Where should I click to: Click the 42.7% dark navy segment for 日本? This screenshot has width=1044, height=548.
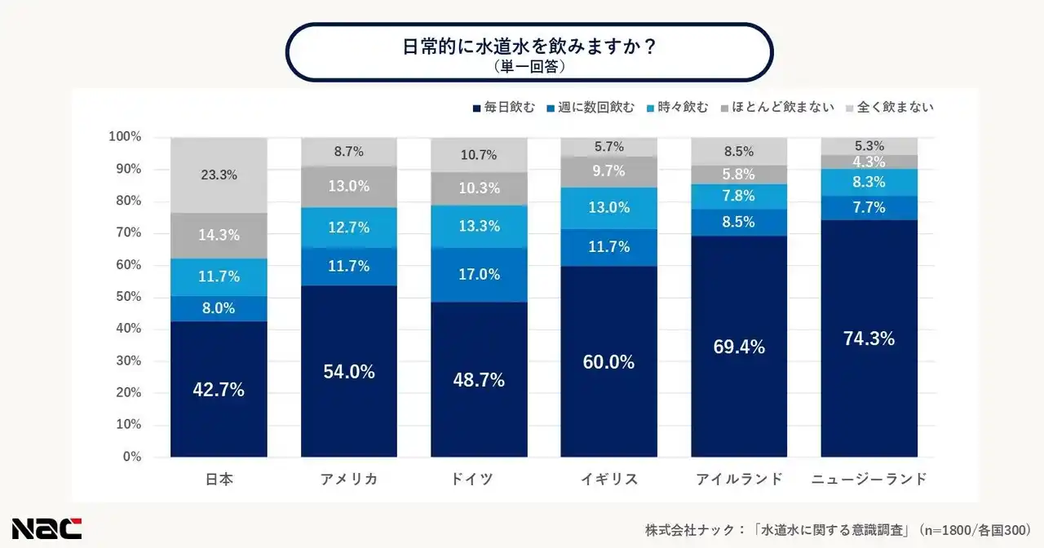click(219, 389)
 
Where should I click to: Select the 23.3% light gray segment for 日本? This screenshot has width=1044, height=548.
click(219, 175)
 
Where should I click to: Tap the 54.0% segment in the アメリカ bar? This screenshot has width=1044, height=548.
click(349, 372)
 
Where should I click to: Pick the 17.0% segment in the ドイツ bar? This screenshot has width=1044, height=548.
click(480, 275)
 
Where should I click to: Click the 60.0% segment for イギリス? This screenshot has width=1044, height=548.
click(609, 362)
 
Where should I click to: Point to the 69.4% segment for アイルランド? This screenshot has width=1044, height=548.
click(739, 347)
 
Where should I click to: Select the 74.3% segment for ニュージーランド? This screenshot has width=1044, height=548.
click(869, 338)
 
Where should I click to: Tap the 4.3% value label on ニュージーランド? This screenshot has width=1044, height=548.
click(869, 162)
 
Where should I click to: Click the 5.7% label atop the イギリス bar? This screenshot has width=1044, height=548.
click(609, 147)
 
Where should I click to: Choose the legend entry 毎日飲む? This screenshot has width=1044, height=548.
click(503, 107)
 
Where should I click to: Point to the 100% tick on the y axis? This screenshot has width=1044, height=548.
click(125, 136)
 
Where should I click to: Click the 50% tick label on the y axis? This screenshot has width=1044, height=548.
click(127, 297)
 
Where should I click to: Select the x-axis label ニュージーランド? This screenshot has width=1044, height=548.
click(869, 479)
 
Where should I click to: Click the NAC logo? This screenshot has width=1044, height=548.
click(46, 528)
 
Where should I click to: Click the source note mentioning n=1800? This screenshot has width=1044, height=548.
click(839, 528)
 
